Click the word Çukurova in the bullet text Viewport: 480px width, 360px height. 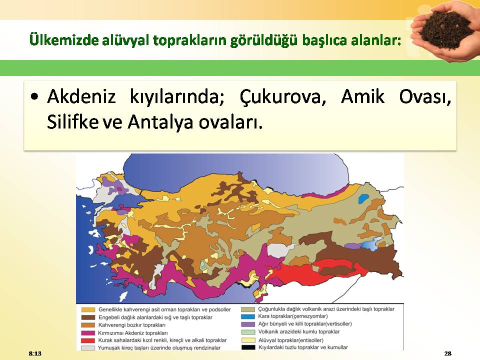coord(282,96)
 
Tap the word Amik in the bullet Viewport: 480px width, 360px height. coord(362,96)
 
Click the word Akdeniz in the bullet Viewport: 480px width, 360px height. coord(81,96)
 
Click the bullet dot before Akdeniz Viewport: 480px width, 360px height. coord(34,97)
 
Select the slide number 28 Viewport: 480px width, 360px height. coord(447,353)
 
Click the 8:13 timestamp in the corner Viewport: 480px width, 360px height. coord(35,353)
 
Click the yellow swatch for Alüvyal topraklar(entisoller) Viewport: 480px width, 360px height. coord(248,340)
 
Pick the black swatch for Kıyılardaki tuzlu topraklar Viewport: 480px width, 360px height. coord(248,347)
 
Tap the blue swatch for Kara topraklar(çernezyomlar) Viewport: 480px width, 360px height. coord(248,316)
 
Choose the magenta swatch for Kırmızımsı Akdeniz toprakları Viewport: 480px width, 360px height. coord(88,333)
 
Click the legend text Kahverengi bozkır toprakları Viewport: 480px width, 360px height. coord(132,325)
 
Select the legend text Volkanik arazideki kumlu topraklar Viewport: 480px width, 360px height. coord(299,331)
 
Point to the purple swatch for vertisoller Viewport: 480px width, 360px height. coord(248,324)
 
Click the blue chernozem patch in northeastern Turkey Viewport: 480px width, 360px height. coord(363,198)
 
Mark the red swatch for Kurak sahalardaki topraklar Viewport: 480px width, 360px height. coord(88,340)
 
